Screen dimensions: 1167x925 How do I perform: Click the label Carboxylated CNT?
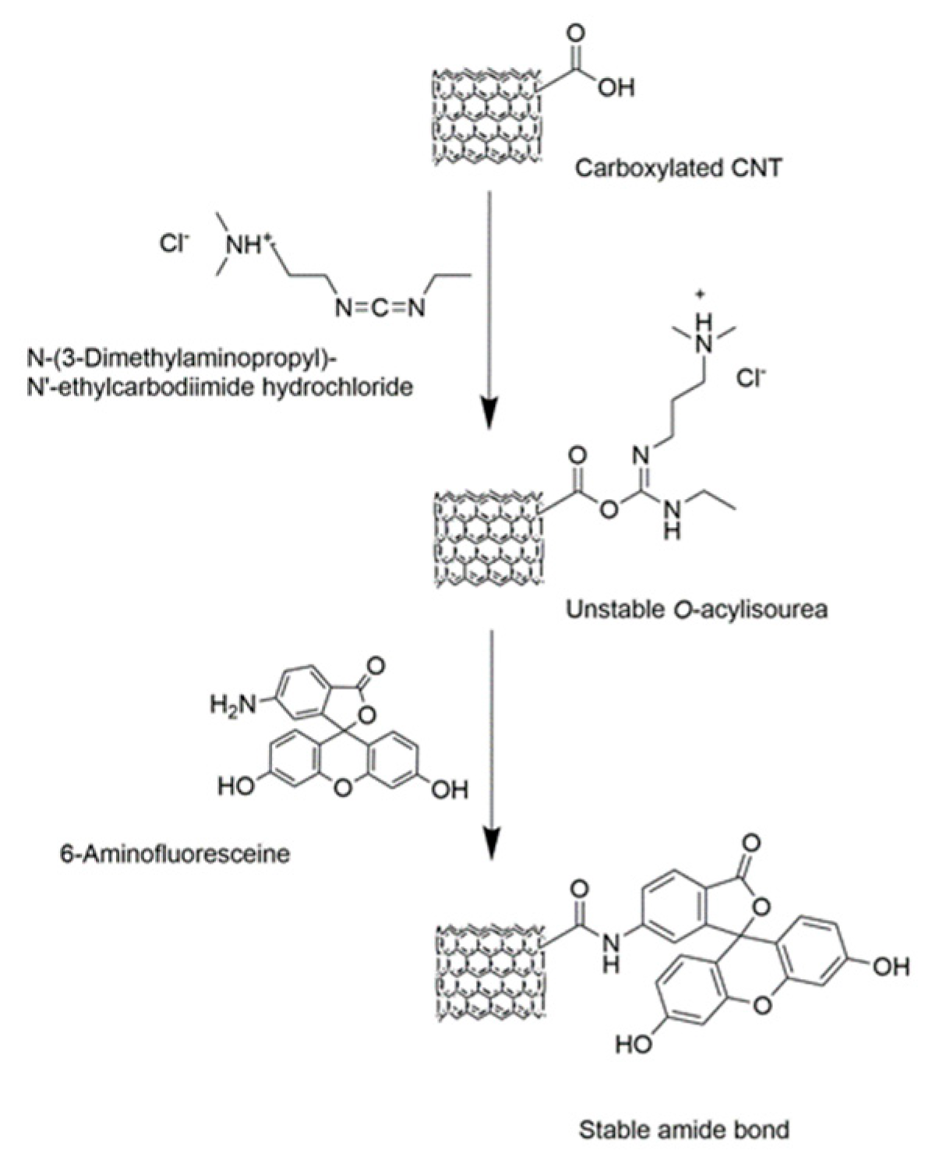tap(676, 167)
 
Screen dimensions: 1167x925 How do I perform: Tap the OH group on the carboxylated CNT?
tap(616, 87)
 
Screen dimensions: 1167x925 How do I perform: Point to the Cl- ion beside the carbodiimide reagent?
tap(174, 244)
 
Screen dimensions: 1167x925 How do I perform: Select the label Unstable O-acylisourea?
tap(696, 609)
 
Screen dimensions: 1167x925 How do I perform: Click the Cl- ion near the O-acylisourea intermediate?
tap(751, 380)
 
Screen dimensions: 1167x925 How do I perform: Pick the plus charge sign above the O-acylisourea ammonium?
tap(699, 295)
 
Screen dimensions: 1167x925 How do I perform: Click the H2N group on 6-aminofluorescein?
tap(232, 705)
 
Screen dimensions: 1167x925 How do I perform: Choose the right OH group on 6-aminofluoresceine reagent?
tap(450, 790)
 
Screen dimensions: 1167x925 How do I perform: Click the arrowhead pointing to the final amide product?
tap(489, 844)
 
